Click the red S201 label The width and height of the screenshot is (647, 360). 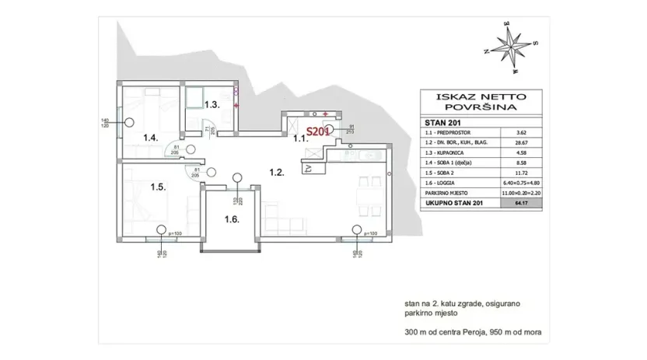click(317, 132)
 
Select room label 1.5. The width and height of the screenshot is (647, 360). click(157, 187)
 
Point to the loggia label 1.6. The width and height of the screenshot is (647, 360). click(232, 219)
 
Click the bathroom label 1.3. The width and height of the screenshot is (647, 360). click(212, 104)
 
